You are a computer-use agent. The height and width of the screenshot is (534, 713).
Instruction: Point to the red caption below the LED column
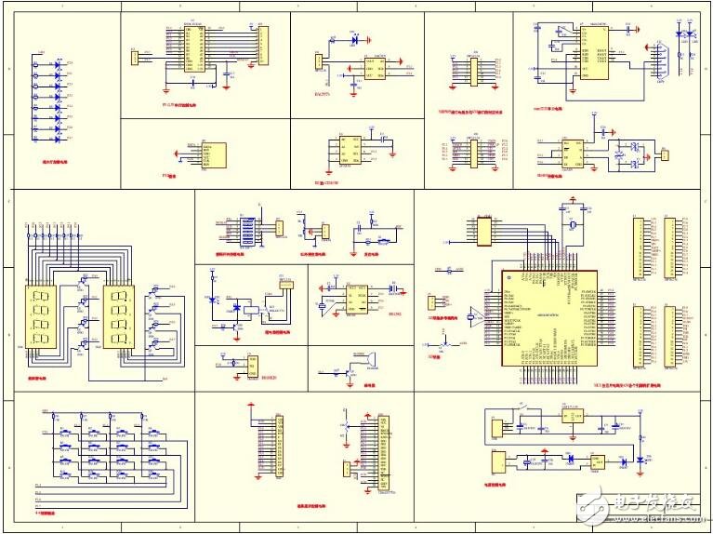click(55, 158)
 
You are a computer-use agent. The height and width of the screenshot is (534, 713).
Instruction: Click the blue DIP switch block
click(247, 230)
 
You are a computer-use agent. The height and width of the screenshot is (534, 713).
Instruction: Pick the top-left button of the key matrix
click(66, 432)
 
